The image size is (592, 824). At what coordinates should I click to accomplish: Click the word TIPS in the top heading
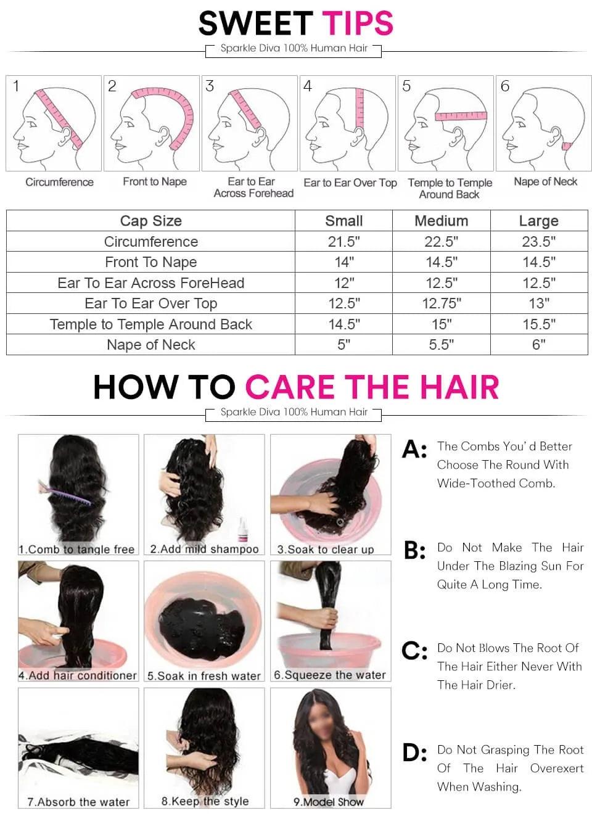coord(358,23)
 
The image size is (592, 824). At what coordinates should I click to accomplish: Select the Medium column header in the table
coord(442,221)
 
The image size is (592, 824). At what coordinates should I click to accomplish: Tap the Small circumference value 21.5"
coord(344,242)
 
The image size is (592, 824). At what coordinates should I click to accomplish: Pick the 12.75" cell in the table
coord(442,303)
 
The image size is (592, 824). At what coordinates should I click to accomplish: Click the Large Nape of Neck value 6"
coord(539,345)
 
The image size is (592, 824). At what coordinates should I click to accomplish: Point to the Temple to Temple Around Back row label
coord(150,324)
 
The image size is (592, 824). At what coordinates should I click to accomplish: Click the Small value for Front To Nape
coord(344,262)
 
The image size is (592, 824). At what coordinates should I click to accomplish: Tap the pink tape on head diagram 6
coord(566,146)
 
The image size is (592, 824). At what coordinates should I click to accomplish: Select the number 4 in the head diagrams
coord(307,86)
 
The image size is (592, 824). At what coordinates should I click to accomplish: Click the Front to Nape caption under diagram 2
coord(155,181)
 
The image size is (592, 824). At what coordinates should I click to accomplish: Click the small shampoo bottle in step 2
coord(242,529)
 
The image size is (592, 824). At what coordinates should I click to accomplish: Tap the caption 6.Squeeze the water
coord(330,675)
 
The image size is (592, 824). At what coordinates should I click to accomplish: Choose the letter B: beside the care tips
coord(414,551)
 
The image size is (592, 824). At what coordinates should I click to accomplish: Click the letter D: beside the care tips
coord(414,752)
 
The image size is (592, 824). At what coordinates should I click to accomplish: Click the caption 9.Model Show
coord(328,802)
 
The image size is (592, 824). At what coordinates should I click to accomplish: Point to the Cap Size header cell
coord(150,221)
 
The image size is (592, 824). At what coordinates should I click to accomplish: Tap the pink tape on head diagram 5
coord(461,116)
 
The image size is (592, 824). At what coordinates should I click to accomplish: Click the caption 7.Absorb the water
coord(78,802)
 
